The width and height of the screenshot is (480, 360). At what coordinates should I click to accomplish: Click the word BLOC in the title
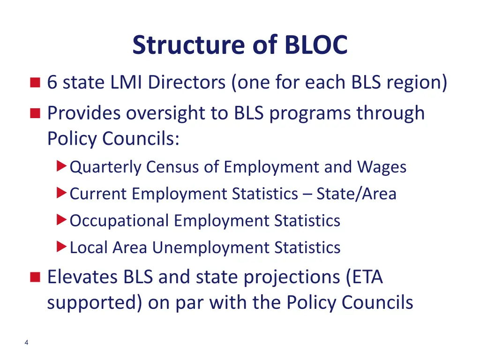[315, 45]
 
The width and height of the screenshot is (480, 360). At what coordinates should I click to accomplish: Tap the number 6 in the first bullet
[52, 83]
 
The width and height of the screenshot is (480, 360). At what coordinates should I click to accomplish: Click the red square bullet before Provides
[35, 113]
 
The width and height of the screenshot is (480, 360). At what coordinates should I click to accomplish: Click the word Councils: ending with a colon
[141, 139]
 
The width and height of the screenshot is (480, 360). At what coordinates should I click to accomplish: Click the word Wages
[382, 167]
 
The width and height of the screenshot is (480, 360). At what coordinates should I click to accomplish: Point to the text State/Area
[356, 194]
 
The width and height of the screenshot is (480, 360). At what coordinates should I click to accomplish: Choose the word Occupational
[119, 220]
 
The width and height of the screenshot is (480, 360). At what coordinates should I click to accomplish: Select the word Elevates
[82, 277]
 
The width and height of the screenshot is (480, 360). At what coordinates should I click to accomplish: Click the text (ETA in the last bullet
[364, 277]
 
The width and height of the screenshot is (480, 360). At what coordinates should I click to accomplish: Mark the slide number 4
[26, 343]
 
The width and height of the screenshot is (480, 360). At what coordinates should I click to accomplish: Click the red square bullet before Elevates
[35, 277]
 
